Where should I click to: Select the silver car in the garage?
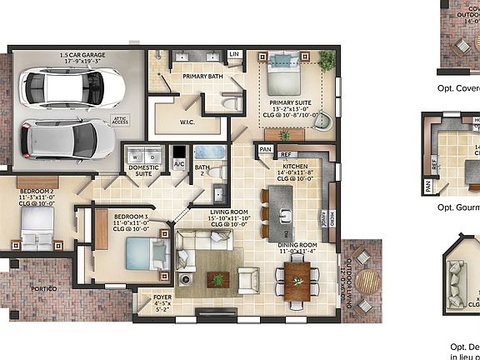click(x=65, y=137)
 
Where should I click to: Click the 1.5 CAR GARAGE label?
click(x=81, y=57)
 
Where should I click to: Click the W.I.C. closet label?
click(x=187, y=122)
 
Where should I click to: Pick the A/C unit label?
click(x=179, y=164)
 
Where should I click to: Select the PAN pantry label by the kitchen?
click(x=265, y=149)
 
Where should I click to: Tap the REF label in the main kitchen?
click(x=285, y=155)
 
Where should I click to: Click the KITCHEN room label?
click(x=296, y=167)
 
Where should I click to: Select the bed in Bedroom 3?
click(x=140, y=252)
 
